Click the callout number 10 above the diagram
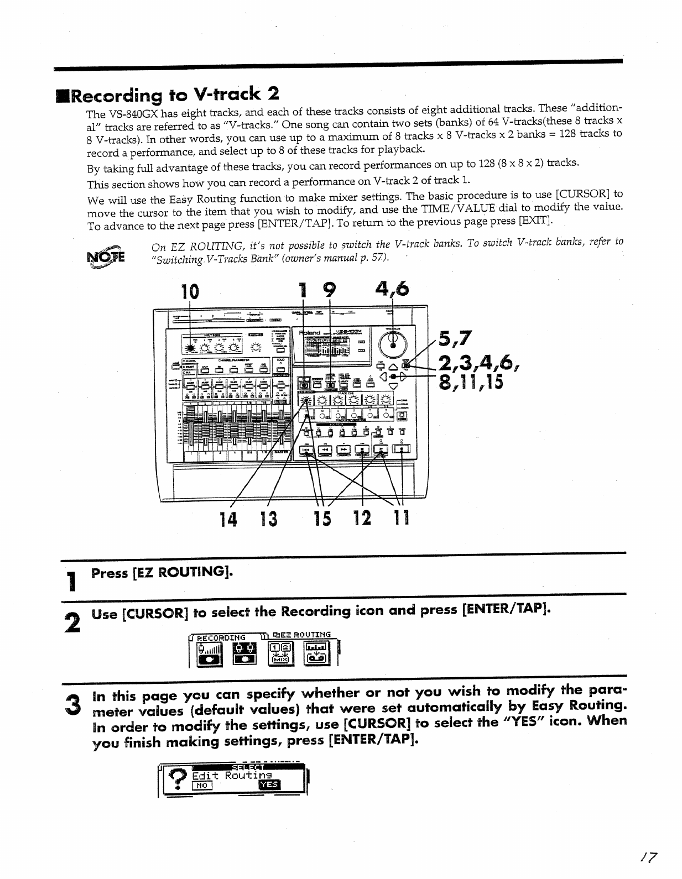coord(189,291)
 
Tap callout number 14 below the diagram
coord(230,520)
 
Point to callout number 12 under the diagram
coord(362,520)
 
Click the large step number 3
coord(71,704)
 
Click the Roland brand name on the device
coord(311,334)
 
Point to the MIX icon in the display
coord(280,655)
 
